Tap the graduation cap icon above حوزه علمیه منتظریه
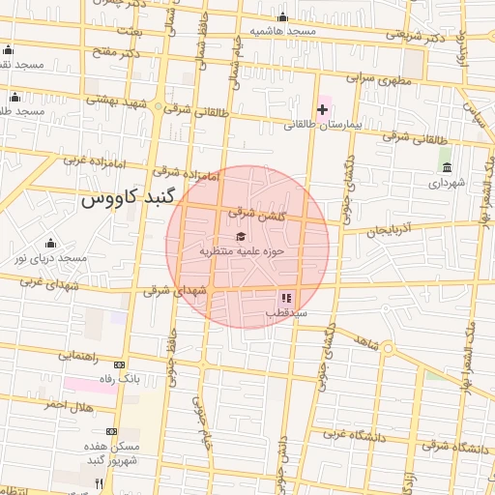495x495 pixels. coord(240,236)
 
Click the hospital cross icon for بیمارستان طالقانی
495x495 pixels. coord(322,109)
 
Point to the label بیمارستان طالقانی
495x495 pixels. coord(322,126)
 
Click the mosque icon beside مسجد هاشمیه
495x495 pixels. coord(282,16)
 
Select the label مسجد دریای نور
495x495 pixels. coord(50,258)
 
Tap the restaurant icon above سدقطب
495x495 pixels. coord(285,298)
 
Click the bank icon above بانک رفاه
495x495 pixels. coord(119,364)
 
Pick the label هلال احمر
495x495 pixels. coord(69,404)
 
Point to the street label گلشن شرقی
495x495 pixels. coord(256,213)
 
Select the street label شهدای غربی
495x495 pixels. coord(45,281)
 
